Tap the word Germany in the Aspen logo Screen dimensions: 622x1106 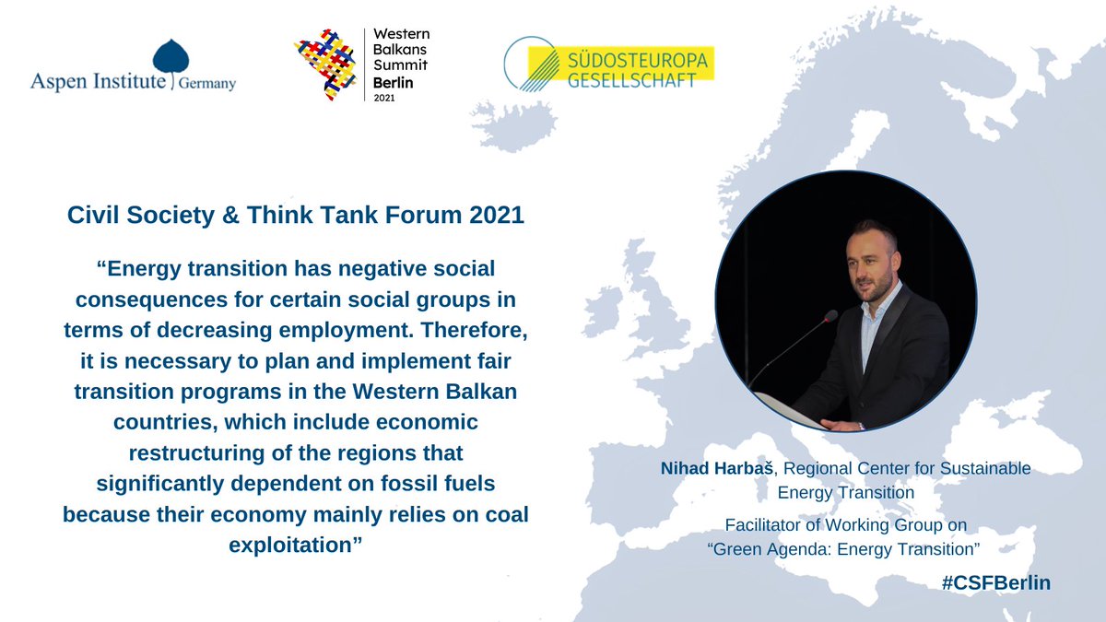[x=207, y=84]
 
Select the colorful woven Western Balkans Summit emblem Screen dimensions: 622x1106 [x=324, y=64]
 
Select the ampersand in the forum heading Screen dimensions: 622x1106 [x=229, y=217]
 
